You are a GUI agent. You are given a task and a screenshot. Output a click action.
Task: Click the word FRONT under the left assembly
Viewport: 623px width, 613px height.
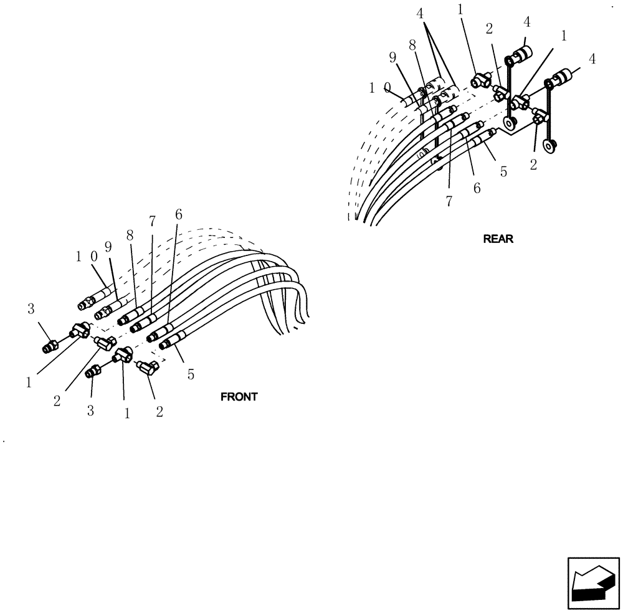[x=239, y=397]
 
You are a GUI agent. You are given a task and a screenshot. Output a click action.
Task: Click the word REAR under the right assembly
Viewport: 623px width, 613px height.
[x=498, y=239]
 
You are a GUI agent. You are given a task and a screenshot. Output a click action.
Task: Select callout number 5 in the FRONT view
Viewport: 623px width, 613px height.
[x=191, y=374]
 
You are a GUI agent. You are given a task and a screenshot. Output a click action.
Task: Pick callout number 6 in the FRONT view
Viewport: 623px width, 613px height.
[x=179, y=214]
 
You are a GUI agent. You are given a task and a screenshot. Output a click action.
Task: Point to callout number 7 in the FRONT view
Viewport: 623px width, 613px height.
[x=151, y=222]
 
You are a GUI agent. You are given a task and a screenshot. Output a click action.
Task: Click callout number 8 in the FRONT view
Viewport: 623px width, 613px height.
[x=130, y=236]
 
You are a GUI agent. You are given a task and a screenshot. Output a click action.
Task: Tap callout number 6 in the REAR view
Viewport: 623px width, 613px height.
[x=477, y=188]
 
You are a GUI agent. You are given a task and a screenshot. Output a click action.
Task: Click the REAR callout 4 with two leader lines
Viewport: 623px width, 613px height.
[x=422, y=12]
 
